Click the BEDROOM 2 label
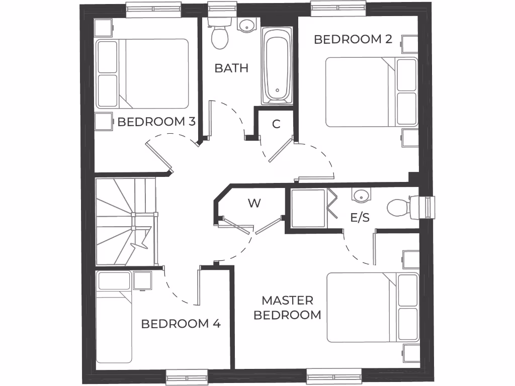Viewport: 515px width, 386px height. pyautogui.click(x=353, y=39)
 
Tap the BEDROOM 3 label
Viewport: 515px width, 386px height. pyautogui.click(x=156, y=122)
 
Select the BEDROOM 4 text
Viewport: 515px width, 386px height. pyautogui.click(x=181, y=324)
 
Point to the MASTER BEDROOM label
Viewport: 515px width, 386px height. pyautogui.click(x=287, y=308)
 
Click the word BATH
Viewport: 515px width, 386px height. pyautogui.click(x=231, y=68)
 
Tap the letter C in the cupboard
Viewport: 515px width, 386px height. pyautogui.click(x=276, y=124)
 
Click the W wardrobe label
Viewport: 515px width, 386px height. pyautogui.click(x=254, y=204)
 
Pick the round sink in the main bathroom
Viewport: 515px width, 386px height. pyautogui.click(x=246, y=25)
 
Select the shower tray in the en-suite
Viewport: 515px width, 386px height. pyautogui.click(x=308, y=208)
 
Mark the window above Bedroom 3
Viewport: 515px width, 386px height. pyautogui.click(x=153, y=9)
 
